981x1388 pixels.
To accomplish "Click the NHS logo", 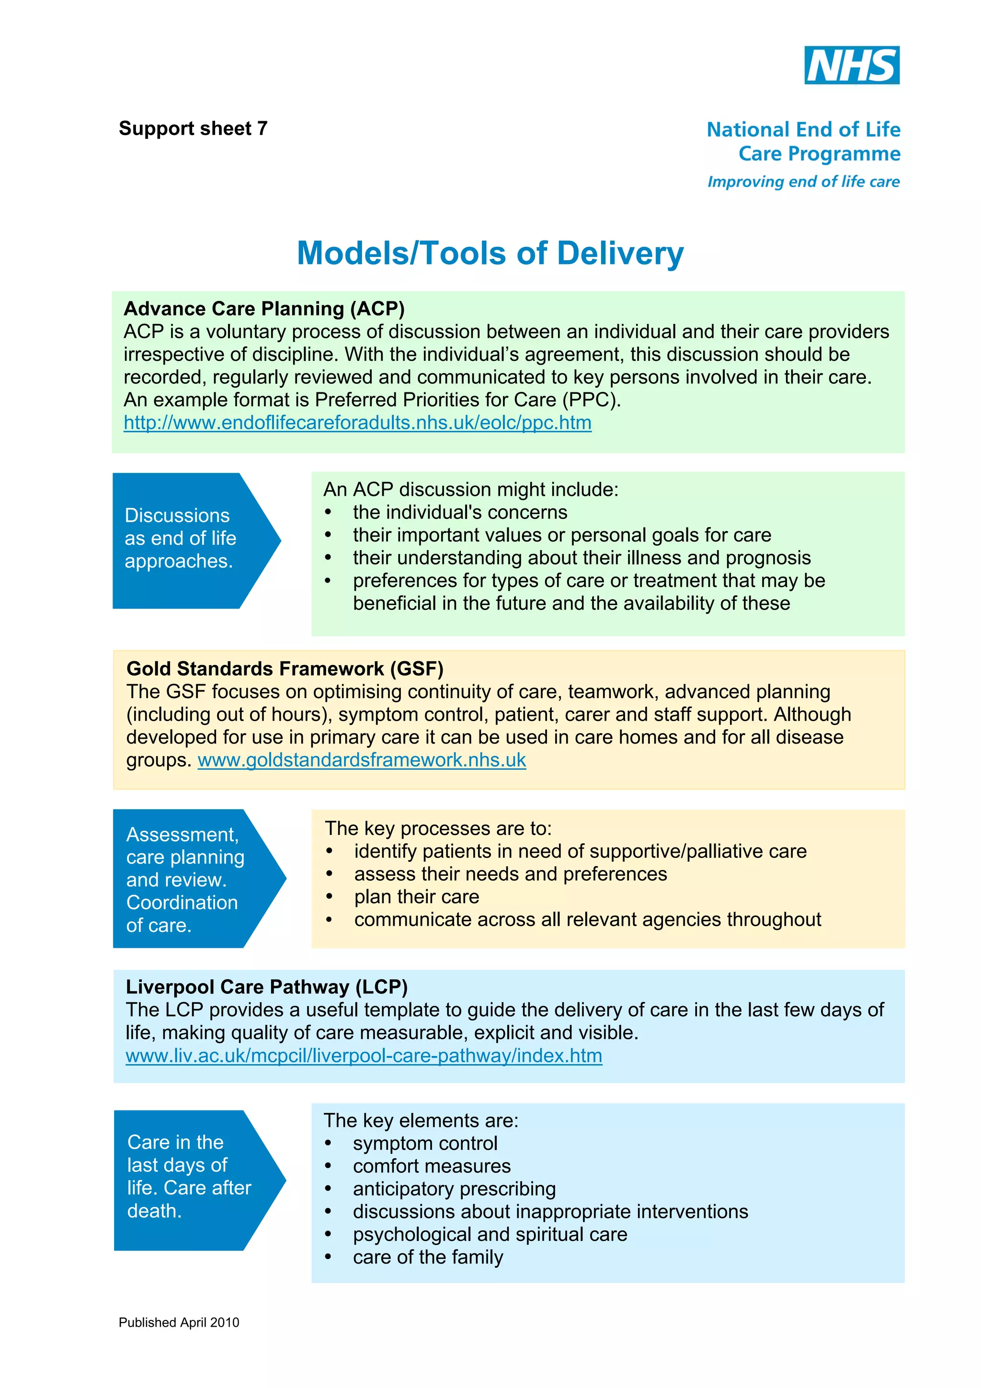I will tap(851, 65).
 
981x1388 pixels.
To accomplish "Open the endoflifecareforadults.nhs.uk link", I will tap(357, 423).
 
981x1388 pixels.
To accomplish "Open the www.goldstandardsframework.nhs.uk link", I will tap(362, 760).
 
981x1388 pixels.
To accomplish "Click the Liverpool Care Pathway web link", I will tap(364, 1055).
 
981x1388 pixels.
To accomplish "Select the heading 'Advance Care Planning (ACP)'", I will tap(264, 309).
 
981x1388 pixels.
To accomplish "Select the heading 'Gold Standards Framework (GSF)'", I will tap(285, 669).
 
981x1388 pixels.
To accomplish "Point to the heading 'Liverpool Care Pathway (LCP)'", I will tap(266, 987).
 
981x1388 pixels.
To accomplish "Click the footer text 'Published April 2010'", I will tap(179, 1322).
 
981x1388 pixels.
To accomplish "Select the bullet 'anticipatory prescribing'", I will tap(454, 1189).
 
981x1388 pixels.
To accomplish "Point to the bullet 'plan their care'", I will tap(416, 896).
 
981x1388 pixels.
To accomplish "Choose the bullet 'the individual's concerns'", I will tap(460, 513).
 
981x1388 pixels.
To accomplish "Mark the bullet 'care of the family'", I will tap(428, 1257).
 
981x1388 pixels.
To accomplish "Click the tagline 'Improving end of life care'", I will tap(803, 182).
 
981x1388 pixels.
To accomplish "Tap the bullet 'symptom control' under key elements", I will tap(425, 1143).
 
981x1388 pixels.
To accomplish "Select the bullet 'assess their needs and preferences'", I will tap(510, 874).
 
